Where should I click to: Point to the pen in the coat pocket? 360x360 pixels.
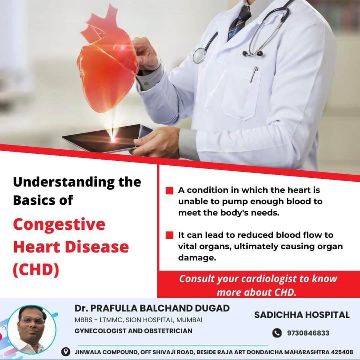[254, 74]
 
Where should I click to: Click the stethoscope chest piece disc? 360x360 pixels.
[199, 55]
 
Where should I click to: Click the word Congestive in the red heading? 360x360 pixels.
[59, 224]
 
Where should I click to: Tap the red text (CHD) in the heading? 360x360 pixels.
[36, 269]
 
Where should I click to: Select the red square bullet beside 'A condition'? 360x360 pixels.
[169, 191]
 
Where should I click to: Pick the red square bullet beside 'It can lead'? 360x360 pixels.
[169, 235]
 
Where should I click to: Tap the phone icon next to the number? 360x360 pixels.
[277, 333]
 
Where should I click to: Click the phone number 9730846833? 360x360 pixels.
[308, 333]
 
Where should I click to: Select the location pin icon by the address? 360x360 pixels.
[66, 352]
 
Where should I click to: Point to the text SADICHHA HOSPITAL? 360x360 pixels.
[302, 315]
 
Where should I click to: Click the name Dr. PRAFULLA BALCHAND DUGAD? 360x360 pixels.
[152, 308]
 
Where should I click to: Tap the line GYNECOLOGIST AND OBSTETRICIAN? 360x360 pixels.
[133, 331]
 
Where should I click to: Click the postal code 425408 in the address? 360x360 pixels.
[342, 352]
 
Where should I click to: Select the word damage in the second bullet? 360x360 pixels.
[197, 258]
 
